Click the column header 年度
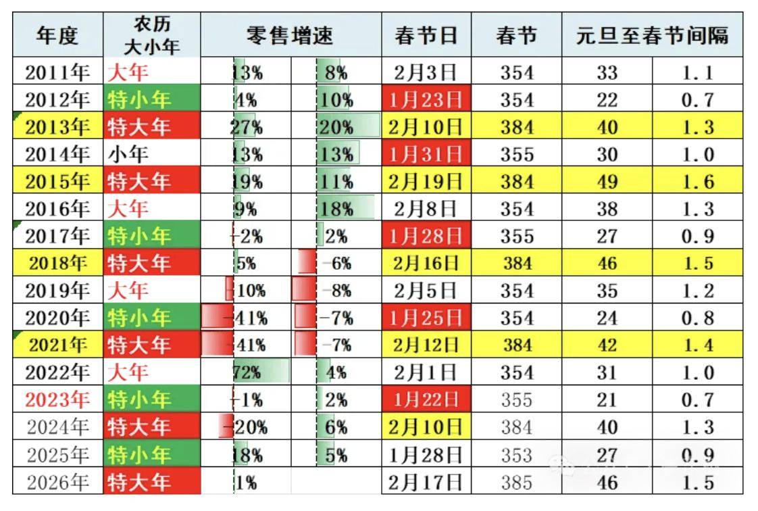click(x=57, y=35)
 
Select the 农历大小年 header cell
click(x=152, y=35)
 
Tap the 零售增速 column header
click(x=290, y=35)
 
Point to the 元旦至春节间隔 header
click(x=652, y=35)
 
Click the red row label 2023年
click(x=57, y=399)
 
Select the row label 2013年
click(x=57, y=127)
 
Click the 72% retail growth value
click(x=247, y=372)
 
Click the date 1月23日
click(x=426, y=100)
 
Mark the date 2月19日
click(x=426, y=182)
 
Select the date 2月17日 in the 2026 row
click(x=426, y=482)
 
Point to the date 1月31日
click(x=426, y=154)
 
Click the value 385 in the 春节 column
click(x=517, y=482)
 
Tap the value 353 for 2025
click(x=517, y=454)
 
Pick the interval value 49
click(x=607, y=182)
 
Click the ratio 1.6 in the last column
click(x=698, y=182)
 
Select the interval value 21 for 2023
click(x=607, y=399)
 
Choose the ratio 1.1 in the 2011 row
click(x=698, y=72)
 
